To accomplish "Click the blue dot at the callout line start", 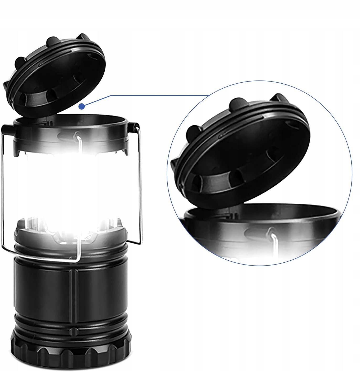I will pyautogui.click(x=82, y=106).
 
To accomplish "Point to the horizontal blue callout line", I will pyautogui.click(x=157, y=95).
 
